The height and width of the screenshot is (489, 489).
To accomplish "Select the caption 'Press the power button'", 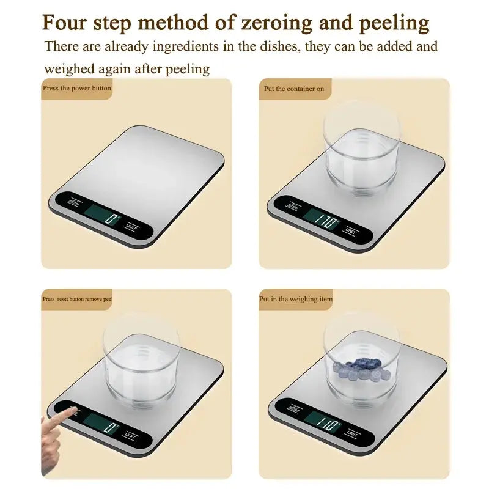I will click(x=76, y=88).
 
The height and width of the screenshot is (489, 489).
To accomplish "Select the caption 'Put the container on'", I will click(x=295, y=89).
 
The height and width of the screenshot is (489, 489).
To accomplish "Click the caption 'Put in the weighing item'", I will click(x=296, y=299).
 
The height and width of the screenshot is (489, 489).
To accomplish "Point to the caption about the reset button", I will click(x=78, y=300).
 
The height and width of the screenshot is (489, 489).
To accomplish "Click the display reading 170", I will click(x=322, y=218).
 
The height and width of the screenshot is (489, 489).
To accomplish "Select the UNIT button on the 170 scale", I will click(x=351, y=230).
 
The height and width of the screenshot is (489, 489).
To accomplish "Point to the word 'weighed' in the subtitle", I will click(x=72, y=69).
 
